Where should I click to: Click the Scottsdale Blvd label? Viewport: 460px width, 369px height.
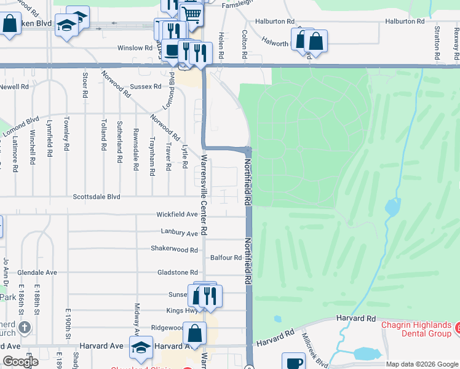tap(97, 197)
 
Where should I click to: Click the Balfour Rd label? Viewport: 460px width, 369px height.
tap(226, 258)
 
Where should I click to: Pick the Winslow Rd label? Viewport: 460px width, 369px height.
tap(134, 47)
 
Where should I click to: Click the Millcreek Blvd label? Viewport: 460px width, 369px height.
tap(314, 351)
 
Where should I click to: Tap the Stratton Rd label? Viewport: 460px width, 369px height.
tap(437, 37)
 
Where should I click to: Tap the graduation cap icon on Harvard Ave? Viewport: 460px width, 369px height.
tap(141, 346)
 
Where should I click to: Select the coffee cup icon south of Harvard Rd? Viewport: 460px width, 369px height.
tap(293, 362)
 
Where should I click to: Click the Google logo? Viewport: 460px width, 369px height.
tap(20, 362)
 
